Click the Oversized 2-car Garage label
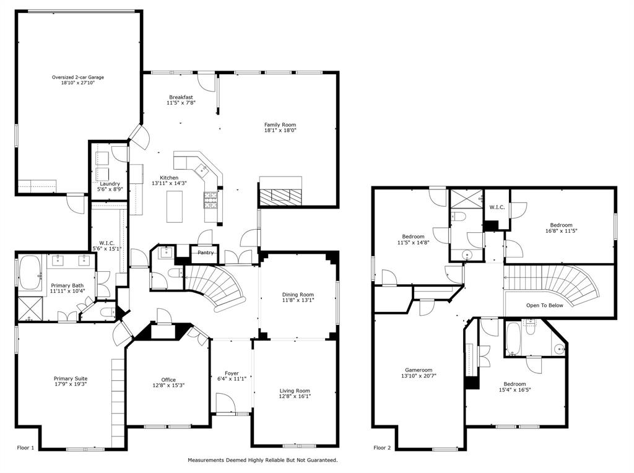78,77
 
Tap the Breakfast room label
181,97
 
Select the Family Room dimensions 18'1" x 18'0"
280,131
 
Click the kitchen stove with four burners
211,199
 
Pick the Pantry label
206,253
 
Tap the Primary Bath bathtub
30,273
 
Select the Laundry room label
110,183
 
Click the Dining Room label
298,295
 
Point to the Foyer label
232,373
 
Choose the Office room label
168,380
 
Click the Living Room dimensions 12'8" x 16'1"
295,397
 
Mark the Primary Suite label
71,378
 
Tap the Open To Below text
545,305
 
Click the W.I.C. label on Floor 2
497,207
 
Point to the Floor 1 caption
26,447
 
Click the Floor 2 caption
382,447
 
